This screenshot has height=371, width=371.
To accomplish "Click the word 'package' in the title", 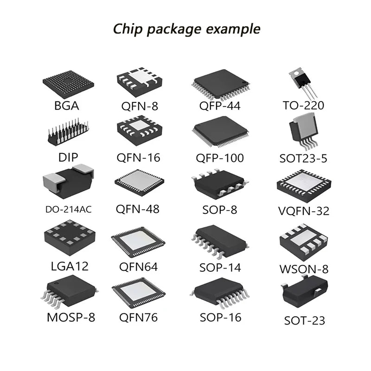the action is pos(174,30).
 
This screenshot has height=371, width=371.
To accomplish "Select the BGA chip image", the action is pos(68,84).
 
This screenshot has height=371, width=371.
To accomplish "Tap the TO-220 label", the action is pos(303,106).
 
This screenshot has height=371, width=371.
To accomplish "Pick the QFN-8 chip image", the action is pos(140,82).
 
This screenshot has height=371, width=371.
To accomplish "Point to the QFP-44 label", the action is pos(220,106).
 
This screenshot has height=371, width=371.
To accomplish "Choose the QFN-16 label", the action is pos(138,158).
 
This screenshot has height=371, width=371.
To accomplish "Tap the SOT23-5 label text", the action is pos(303,158).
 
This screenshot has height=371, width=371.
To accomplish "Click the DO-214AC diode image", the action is pos(68,182).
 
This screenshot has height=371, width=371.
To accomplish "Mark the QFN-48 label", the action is pos(137,209).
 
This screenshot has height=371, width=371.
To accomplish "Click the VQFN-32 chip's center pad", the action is pos(304,183).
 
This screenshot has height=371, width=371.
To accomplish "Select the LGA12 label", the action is pos(70,266).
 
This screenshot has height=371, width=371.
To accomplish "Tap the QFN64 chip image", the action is pos(138,242).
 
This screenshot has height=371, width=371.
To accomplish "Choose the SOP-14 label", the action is pos(220,268).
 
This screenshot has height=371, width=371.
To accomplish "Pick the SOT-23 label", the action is pos(305,320).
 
